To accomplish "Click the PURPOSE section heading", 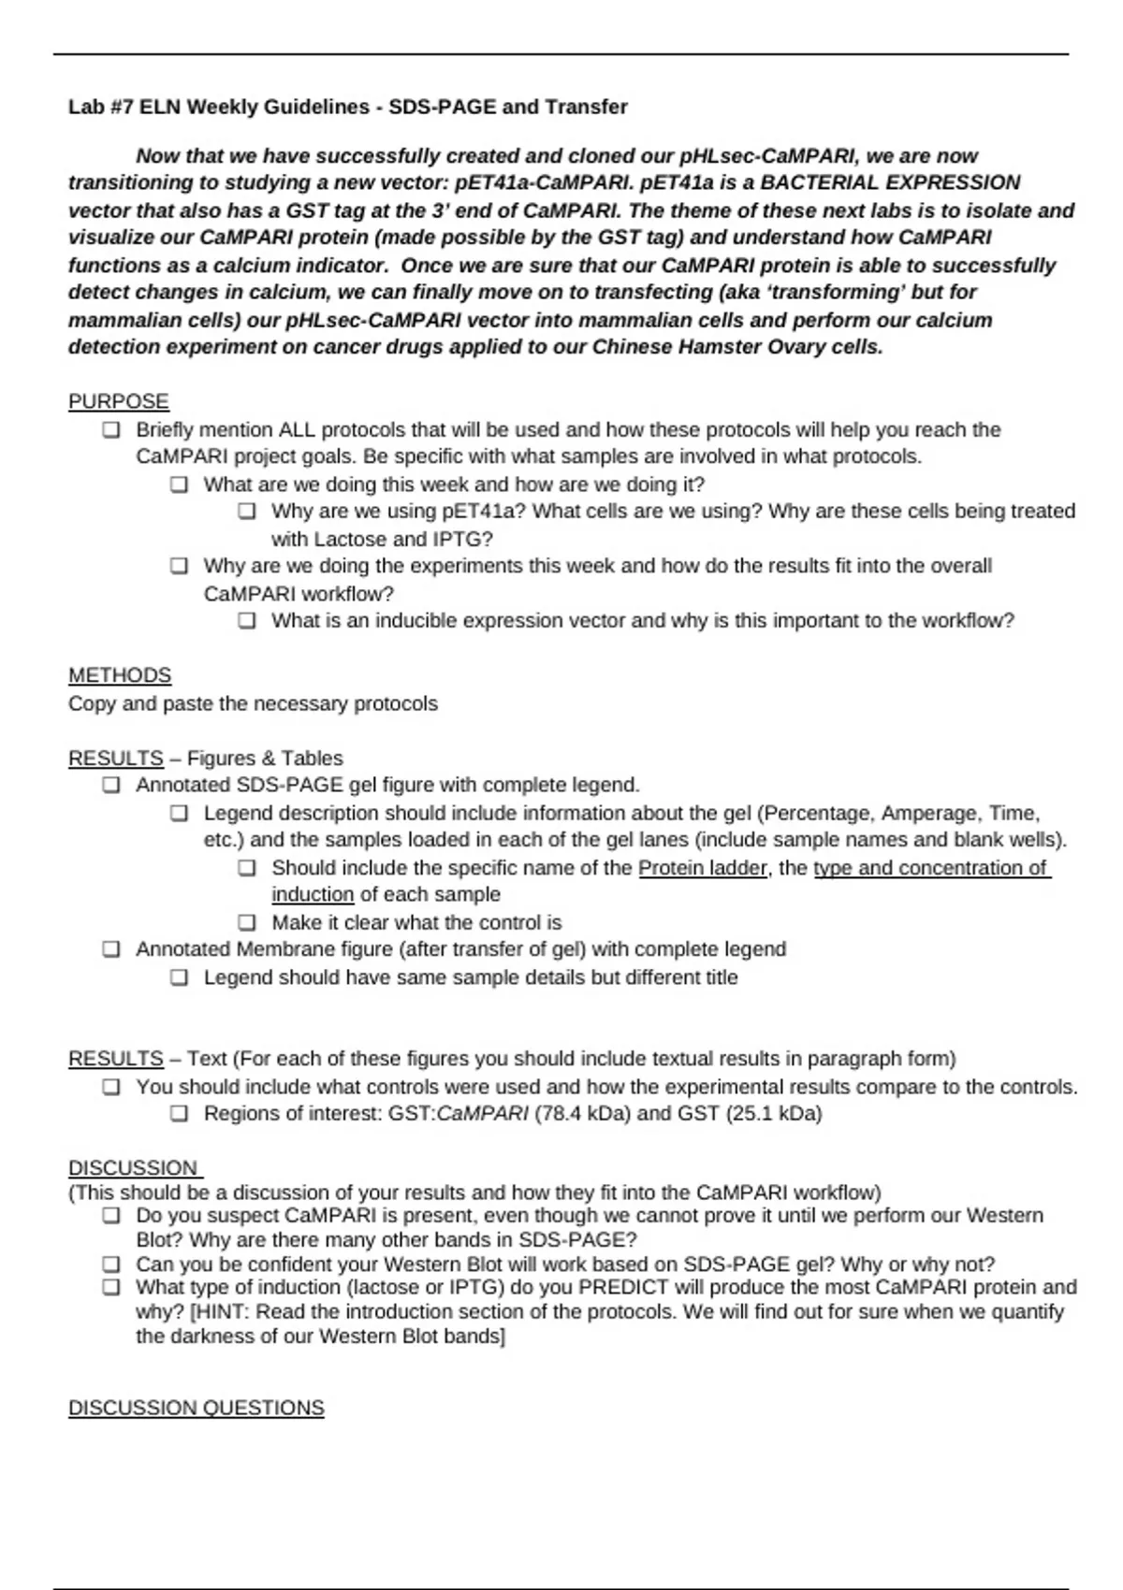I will click(x=118, y=401).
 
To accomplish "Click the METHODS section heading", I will click(x=119, y=675).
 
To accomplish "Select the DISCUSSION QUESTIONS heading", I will click(x=196, y=1408).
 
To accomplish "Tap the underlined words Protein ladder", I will click(x=702, y=868).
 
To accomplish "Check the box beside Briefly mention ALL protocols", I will click(x=111, y=430).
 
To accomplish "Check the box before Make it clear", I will click(x=247, y=922).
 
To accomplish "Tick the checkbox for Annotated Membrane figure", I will click(x=111, y=949).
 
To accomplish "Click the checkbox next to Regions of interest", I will click(x=180, y=1114).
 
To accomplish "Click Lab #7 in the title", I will click(x=101, y=107).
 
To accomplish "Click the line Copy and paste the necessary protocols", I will click(x=253, y=703).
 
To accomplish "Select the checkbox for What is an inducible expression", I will click(x=247, y=621).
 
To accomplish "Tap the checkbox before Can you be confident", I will click(x=111, y=1265).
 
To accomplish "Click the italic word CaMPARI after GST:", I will click(x=482, y=1114).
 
